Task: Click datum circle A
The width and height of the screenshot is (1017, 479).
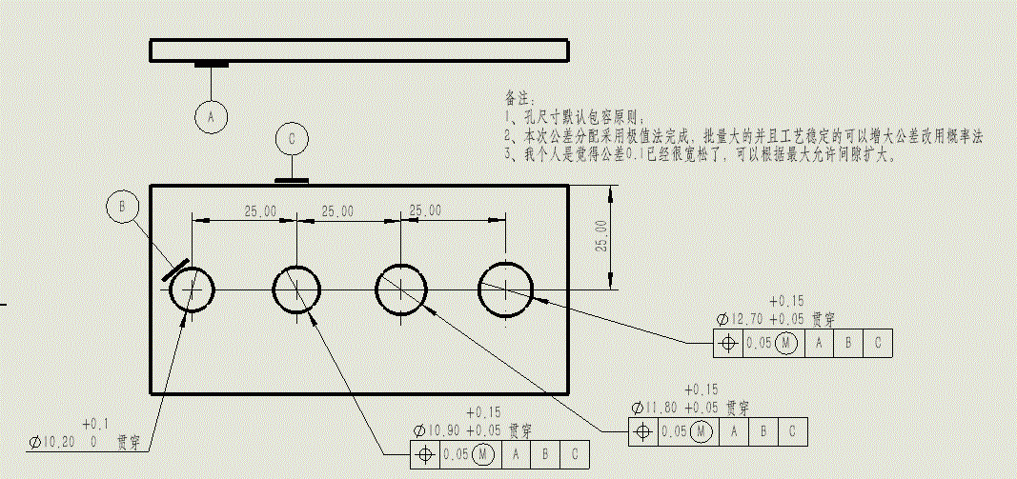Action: coord(212,116)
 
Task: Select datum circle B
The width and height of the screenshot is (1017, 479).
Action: coord(123,207)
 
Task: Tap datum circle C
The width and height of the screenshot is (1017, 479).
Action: coord(293,139)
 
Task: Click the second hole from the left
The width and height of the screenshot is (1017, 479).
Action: coord(297,289)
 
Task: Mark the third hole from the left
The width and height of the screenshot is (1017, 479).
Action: coord(401,289)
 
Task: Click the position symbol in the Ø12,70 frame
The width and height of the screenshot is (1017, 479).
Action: coord(728,343)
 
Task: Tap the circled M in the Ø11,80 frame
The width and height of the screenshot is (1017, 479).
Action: coord(702,431)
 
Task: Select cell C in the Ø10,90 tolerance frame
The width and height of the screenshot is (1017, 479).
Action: coord(575,454)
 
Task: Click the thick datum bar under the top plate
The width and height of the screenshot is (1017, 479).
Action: coord(212,65)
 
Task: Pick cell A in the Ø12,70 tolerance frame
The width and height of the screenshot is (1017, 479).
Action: coord(817,343)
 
